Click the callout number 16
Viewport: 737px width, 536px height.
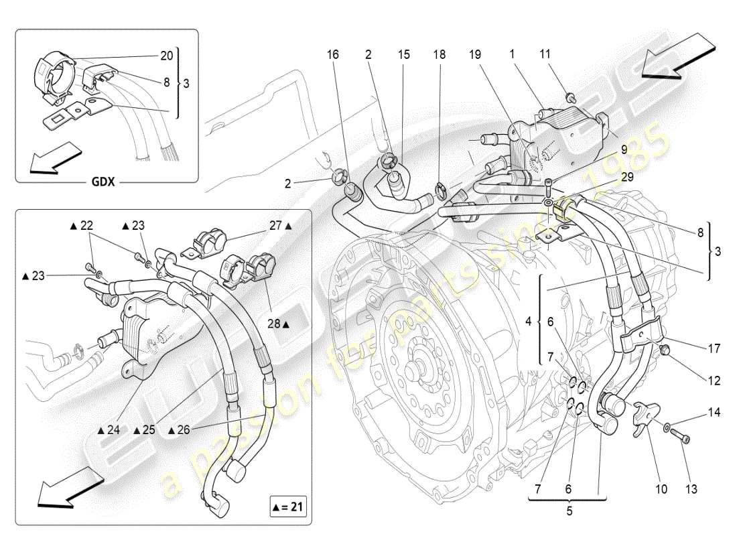click(x=333, y=56)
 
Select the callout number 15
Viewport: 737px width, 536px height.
click(x=403, y=56)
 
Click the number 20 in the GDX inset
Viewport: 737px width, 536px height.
click(x=166, y=55)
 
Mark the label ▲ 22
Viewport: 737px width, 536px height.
click(x=82, y=226)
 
